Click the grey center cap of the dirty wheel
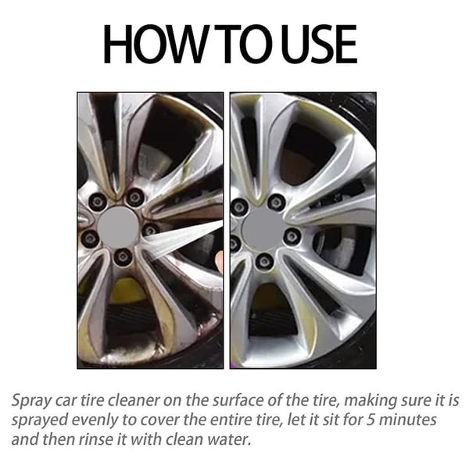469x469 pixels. [x=117, y=227]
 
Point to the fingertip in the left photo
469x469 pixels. [x=218, y=267]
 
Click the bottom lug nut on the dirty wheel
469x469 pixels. [x=123, y=256]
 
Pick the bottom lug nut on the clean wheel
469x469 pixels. [x=265, y=260]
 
